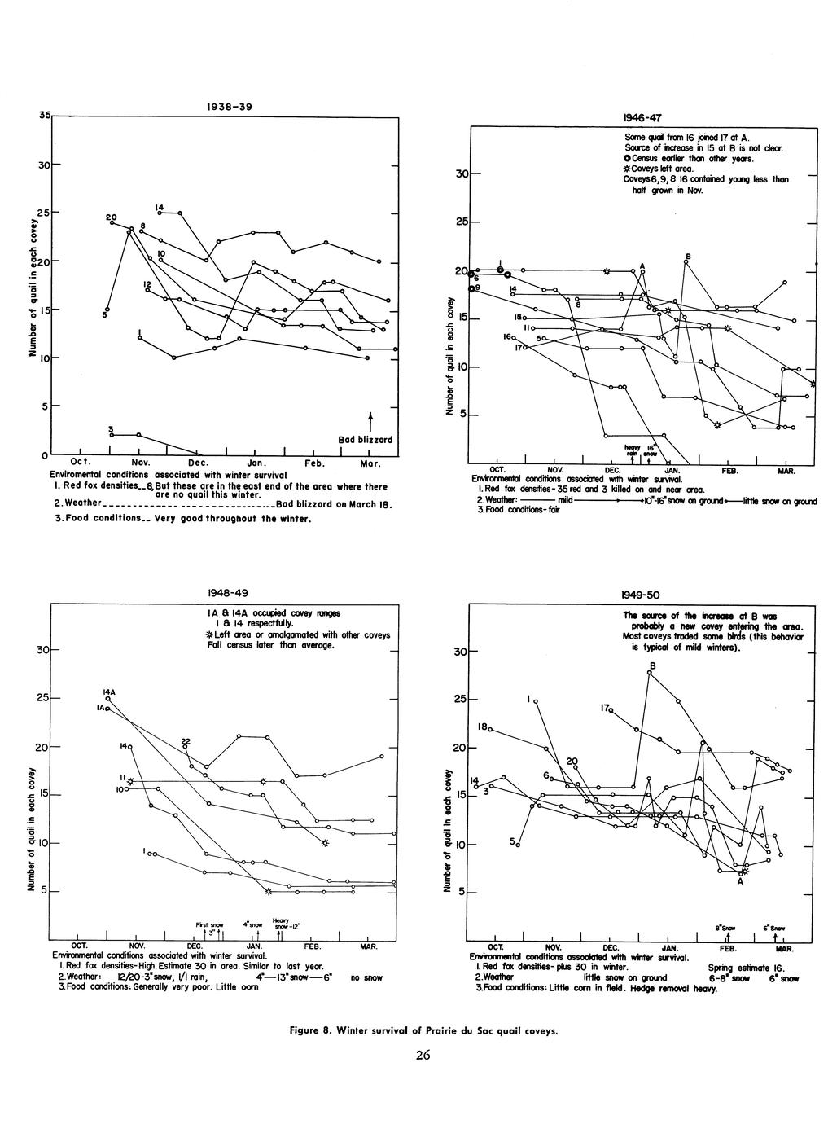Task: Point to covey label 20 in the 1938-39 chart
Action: tap(111, 217)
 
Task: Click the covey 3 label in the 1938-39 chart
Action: tap(110, 429)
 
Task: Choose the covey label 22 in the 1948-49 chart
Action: tap(186, 740)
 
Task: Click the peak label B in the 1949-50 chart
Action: tap(652, 666)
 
